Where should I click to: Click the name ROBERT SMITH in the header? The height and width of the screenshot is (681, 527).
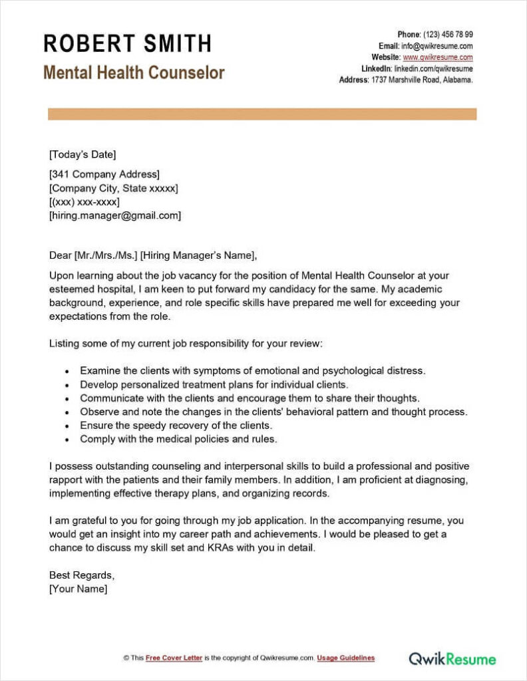point(127,44)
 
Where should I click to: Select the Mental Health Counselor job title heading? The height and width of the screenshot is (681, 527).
point(134,72)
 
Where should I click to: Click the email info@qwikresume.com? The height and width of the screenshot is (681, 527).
point(436,46)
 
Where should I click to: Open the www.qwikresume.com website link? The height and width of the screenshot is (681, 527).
point(438,57)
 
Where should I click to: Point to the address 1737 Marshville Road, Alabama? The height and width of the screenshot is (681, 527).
point(421,80)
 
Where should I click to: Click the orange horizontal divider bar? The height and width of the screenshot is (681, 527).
point(262,114)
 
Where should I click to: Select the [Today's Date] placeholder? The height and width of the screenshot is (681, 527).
point(83,155)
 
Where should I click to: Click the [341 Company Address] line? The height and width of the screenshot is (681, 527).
point(104,175)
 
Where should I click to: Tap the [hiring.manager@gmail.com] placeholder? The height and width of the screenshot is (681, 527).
point(115,215)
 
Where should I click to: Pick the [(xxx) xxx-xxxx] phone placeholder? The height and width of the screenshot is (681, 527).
point(85,202)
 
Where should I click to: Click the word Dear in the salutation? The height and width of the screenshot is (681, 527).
point(61,255)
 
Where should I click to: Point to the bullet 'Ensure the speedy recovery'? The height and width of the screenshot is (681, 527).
point(176,426)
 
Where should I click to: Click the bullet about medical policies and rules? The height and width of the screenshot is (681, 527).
point(178,439)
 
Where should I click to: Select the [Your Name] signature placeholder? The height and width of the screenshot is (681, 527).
point(78,589)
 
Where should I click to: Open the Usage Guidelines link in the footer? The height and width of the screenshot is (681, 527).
point(345,658)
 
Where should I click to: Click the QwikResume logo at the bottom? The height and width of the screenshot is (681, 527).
point(452,659)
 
